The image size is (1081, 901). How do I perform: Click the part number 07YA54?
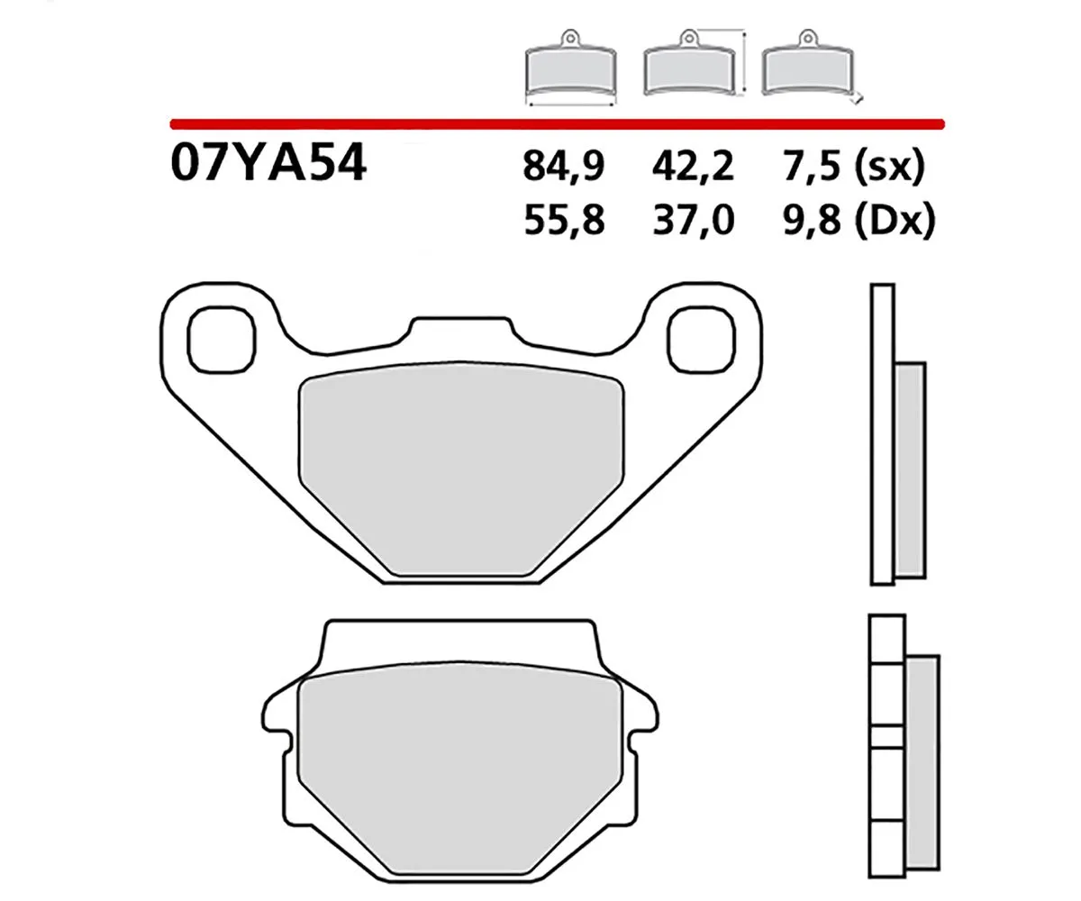(x=268, y=165)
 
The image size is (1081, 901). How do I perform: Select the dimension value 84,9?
(x=563, y=167)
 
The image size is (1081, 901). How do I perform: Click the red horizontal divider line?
(x=556, y=122)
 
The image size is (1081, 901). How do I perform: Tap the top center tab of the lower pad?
(x=459, y=642)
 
